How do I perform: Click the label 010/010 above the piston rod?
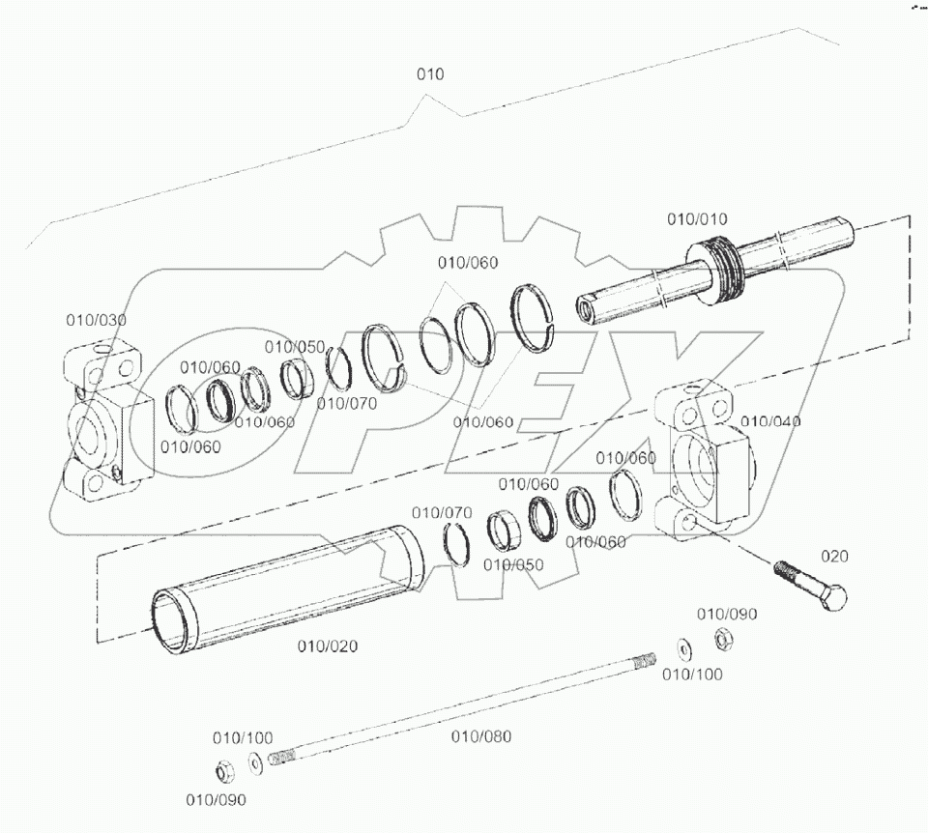697,219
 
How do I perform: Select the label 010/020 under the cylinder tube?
327,646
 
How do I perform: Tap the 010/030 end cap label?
96,320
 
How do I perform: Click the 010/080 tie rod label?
481,736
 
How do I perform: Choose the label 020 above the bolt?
835,556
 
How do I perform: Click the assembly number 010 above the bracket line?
430,74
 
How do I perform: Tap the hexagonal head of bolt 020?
831,598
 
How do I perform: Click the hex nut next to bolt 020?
721,639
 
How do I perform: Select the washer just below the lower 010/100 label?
253,763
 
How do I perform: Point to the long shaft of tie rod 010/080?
464,705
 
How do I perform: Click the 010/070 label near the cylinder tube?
442,512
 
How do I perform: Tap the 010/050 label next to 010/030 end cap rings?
295,347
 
